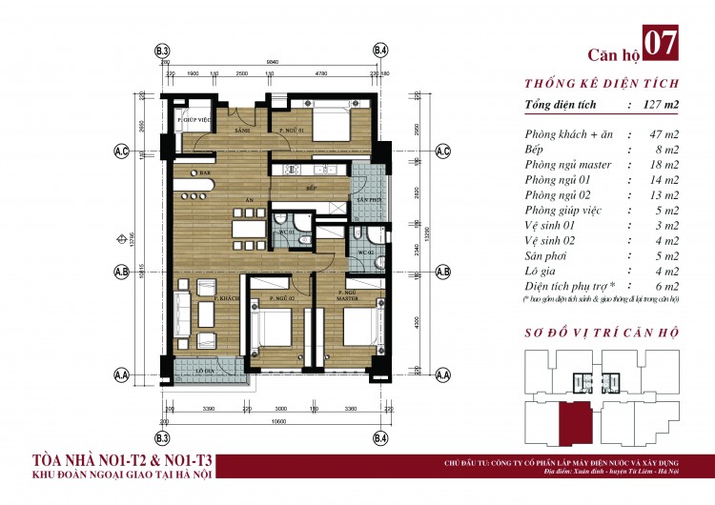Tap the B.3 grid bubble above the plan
click(162, 50)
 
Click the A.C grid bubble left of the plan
click(121, 151)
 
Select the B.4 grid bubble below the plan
click(380, 438)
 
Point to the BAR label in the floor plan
click(204, 173)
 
